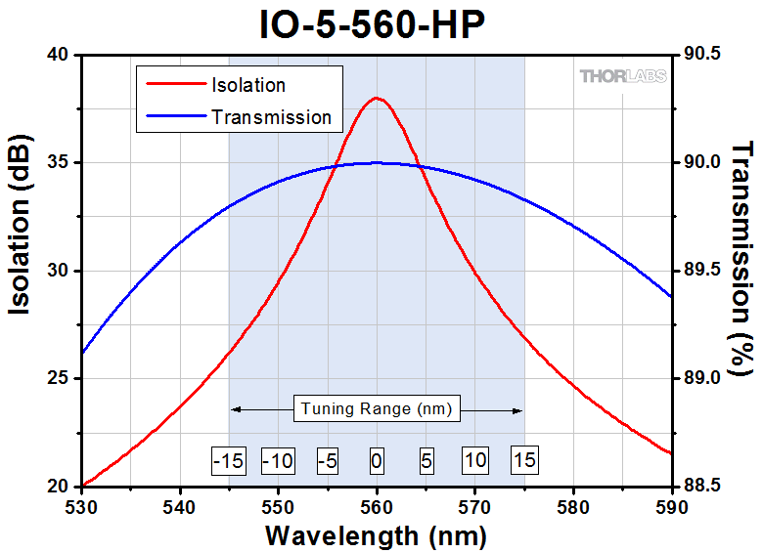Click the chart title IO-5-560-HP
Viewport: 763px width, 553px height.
click(x=373, y=24)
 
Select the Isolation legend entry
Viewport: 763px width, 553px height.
click(x=247, y=85)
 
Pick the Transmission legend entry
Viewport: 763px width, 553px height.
click(x=271, y=117)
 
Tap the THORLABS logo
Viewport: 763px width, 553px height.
click(x=623, y=76)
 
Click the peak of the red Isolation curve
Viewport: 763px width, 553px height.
click(x=377, y=98)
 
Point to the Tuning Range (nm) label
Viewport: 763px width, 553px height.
click(x=377, y=408)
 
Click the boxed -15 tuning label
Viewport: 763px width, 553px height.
click(x=228, y=459)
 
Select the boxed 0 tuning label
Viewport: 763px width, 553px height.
click(x=377, y=459)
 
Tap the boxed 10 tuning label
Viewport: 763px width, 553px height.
click(x=475, y=459)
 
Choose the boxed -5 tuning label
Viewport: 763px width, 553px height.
click(x=328, y=459)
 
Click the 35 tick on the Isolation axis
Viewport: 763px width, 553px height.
click(x=60, y=162)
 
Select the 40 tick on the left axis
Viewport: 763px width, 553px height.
click(x=60, y=55)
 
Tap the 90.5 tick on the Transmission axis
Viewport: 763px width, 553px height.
click(x=701, y=55)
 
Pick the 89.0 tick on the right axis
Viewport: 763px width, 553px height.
click(x=701, y=378)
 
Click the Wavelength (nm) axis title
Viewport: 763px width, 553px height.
click(x=377, y=535)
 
